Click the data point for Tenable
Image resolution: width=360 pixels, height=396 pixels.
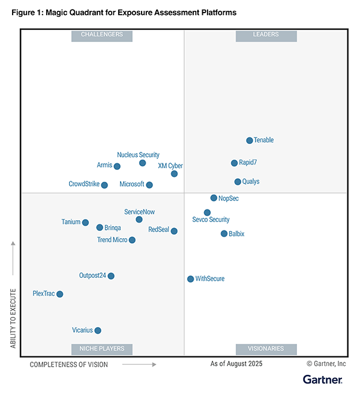pyautogui.click(x=250, y=140)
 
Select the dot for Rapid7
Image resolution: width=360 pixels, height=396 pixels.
pyautogui.click(x=235, y=163)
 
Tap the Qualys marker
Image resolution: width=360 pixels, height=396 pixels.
pyautogui.click(x=238, y=182)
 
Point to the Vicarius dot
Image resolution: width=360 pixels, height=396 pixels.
pyautogui.click(x=98, y=330)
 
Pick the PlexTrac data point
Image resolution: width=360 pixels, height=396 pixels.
pyautogui.click(x=59, y=294)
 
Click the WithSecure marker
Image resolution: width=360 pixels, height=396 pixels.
pyautogui.click(x=190, y=279)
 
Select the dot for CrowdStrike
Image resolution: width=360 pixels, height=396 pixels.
pyautogui.click(x=104, y=185)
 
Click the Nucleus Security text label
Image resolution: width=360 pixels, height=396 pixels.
pyautogui.click(x=138, y=155)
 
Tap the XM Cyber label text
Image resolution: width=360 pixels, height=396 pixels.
pyautogui.click(x=170, y=166)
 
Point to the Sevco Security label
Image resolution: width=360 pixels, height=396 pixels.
pyautogui.click(x=211, y=220)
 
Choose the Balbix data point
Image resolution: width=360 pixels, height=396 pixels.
pyautogui.click(x=224, y=233)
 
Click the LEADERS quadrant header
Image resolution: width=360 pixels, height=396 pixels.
pyautogui.click(x=266, y=35)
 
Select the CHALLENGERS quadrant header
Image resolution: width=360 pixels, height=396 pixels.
pyautogui.click(x=102, y=35)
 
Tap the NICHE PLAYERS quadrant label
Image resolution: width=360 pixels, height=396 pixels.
pyautogui.click(x=102, y=349)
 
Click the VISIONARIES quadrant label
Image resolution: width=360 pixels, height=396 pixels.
pyautogui.click(x=266, y=349)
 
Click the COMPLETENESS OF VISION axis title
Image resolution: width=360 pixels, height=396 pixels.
pyautogui.click(x=69, y=364)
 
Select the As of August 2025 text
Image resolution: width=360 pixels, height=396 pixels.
pyautogui.click(x=236, y=364)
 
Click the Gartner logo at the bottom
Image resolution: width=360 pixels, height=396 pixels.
pyautogui.click(x=322, y=380)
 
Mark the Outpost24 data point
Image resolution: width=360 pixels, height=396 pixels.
pyautogui.click(x=111, y=276)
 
